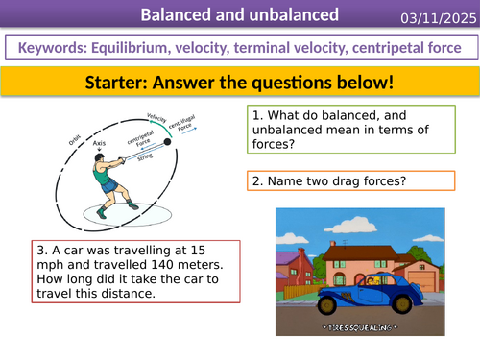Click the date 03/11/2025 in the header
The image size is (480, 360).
434,16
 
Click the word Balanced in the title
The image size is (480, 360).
178,15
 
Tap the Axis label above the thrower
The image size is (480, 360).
100,143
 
